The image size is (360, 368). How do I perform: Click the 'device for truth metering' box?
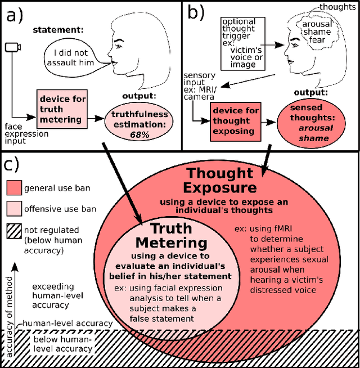[62, 109]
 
